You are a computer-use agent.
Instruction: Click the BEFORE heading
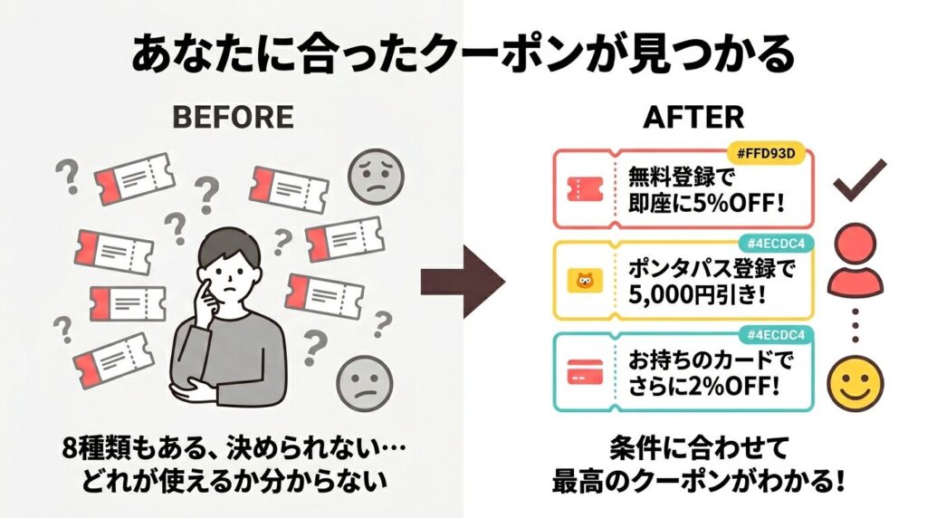pos(232,117)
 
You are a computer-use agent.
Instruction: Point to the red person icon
pos(857,260)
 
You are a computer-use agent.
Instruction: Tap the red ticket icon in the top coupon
pos(579,188)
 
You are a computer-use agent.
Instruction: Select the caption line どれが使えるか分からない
pos(233,479)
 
